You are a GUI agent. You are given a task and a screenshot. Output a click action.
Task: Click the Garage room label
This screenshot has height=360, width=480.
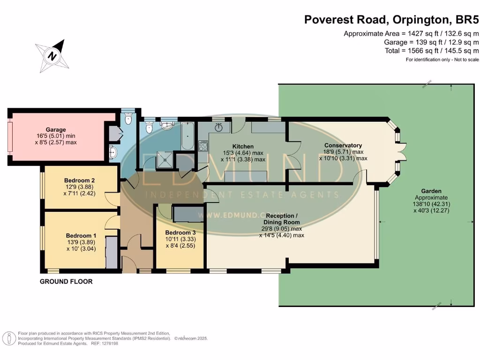(x=56, y=129)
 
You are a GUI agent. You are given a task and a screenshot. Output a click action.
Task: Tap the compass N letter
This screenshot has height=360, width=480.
(x=52, y=56)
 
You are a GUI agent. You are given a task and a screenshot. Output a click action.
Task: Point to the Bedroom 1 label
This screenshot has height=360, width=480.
(x=81, y=235)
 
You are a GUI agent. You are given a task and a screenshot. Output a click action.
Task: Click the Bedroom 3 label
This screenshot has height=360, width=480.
(x=180, y=232)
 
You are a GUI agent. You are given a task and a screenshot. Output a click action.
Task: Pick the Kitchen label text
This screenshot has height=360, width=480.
(x=243, y=146)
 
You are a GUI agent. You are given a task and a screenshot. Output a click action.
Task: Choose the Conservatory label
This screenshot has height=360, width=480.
(x=343, y=145)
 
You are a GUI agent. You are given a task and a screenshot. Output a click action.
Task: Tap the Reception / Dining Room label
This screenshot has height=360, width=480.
(x=281, y=219)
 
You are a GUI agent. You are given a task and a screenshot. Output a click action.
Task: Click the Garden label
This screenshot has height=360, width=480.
(x=431, y=191)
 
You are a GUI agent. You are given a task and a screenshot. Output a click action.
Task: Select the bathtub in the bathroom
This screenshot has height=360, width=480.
(x=187, y=135)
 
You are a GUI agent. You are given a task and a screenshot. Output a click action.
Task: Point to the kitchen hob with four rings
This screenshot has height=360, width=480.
(x=203, y=146)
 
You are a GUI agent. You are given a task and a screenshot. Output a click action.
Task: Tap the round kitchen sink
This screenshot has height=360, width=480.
(x=218, y=127)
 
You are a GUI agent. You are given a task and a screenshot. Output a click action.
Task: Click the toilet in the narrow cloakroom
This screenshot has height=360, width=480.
(x=128, y=120)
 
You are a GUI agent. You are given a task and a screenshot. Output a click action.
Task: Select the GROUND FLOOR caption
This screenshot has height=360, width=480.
(x=66, y=281)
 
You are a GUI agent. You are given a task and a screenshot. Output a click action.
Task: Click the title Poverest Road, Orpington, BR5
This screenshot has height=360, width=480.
(x=391, y=20)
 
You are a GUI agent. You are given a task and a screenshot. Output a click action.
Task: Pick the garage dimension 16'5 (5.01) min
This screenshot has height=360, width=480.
(x=56, y=136)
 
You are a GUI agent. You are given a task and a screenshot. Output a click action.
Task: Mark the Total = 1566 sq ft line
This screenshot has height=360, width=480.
(x=432, y=51)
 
